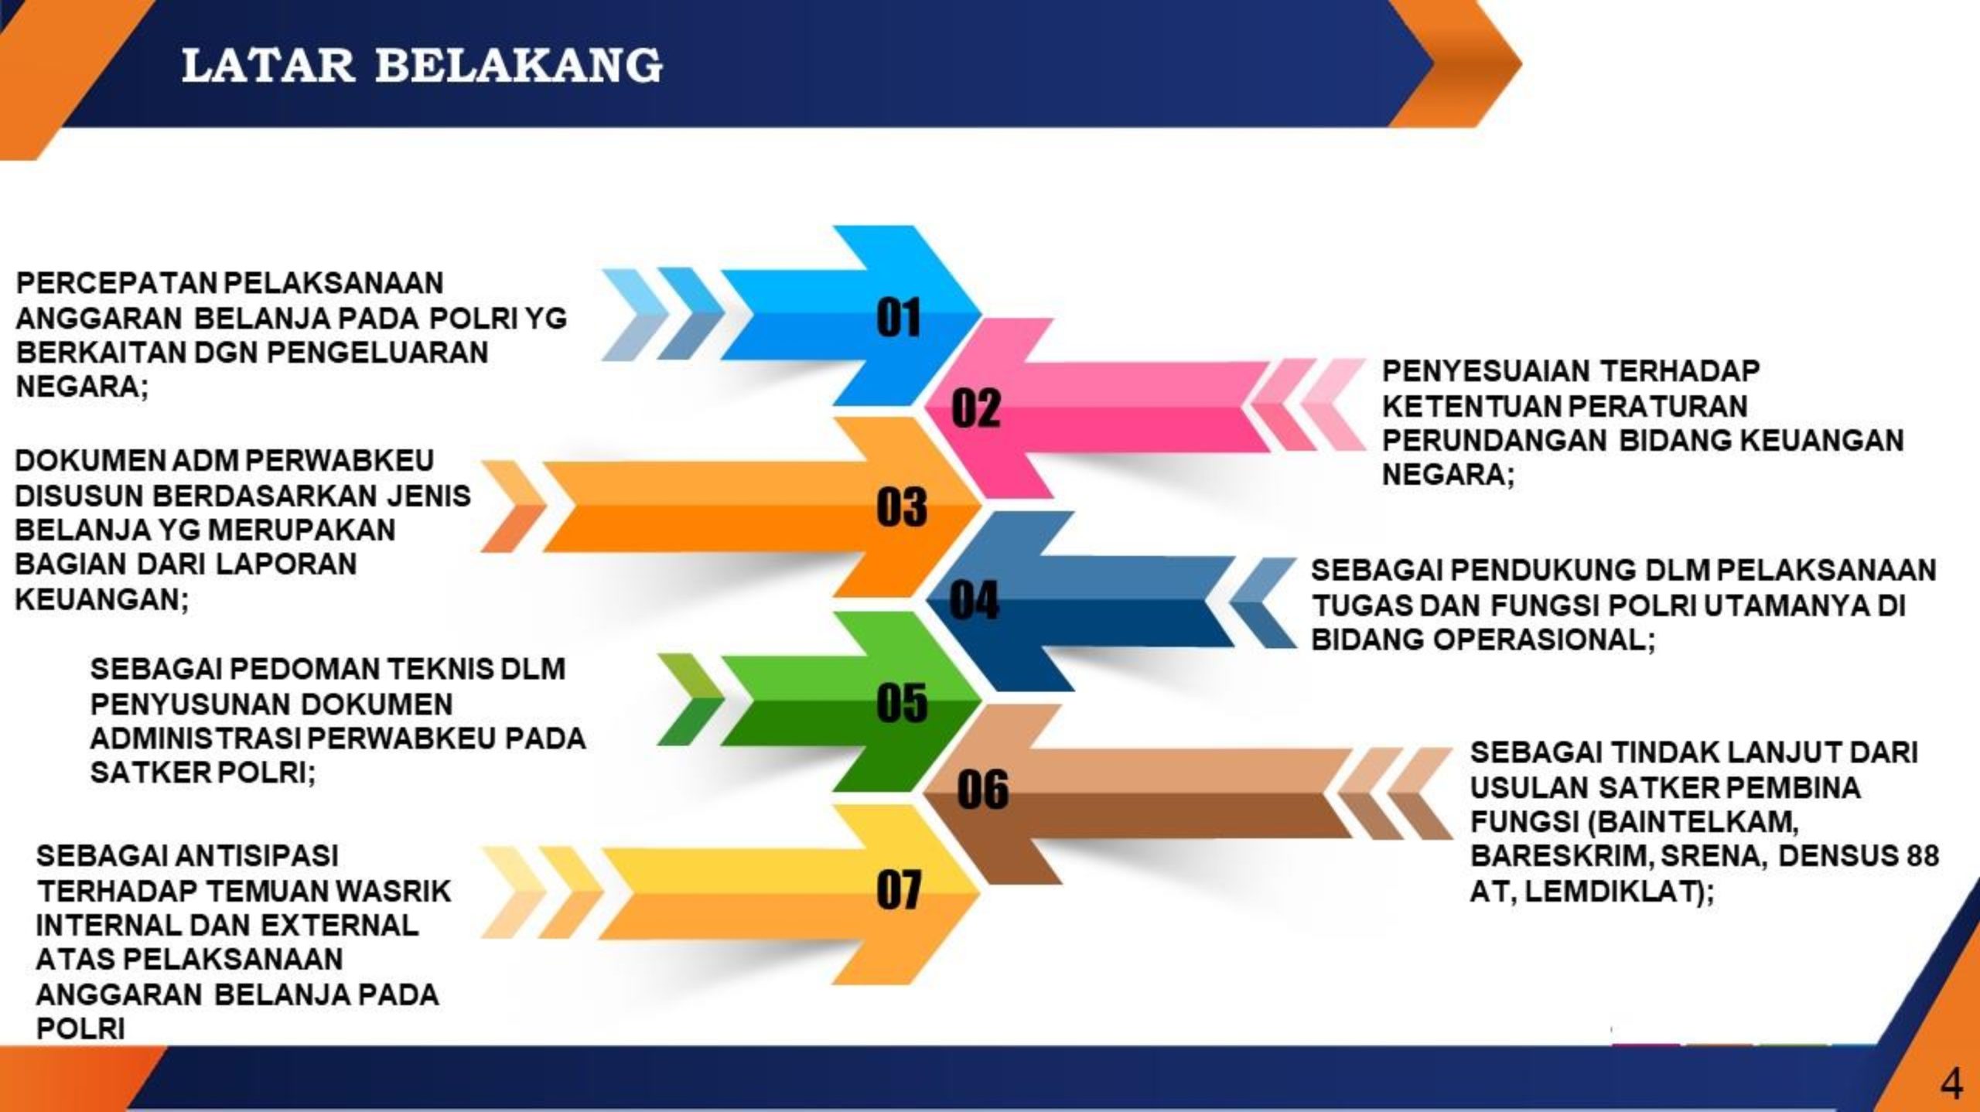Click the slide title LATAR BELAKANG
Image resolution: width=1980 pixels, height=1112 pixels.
click(422, 66)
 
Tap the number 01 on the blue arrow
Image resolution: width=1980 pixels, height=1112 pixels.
click(899, 318)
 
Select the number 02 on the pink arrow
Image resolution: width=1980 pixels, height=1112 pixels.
click(976, 408)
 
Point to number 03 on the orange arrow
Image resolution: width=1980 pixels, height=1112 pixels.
click(902, 507)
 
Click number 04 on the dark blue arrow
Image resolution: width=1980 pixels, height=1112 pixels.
click(975, 601)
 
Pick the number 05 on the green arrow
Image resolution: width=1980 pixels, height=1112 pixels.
click(902, 703)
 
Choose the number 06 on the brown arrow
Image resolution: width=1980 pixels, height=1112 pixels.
click(983, 790)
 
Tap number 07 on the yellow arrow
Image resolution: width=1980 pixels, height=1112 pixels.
click(900, 890)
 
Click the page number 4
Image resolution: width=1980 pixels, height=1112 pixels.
click(1951, 1084)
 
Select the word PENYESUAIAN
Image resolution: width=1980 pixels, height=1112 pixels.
click(1486, 371)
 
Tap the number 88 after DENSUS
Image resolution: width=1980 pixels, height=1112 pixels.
click(1920, 857)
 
